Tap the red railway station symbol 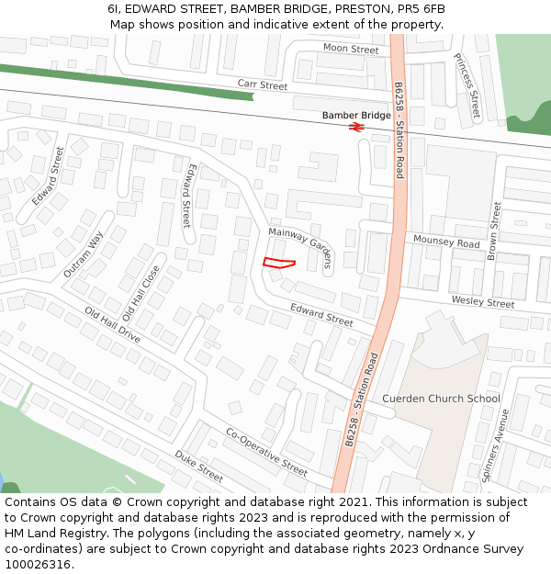pyautogui.click(x=356, y=127)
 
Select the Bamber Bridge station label pyautogui.click(x=356, y=116)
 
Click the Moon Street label pyautogui.click(x=351, y=49)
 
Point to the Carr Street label pyautogui.click(x=263, y=85)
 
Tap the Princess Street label pyautogui.click(x=467, y=86)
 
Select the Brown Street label pyautogui.click(x=495, y=231)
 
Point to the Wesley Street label pyautogui.click(x=482, y=302)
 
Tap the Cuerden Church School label pyautogui.click(x=441, y=399)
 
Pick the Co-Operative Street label pyautogui.click(x=266, y=451)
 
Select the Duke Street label pyautogui.click(x=199, y=467)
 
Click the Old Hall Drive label pyautogui.click(x=112, y=324)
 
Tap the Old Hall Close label pyautogui.click(x=141, y=288)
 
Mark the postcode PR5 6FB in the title pyautogui.click(x=422, y=9)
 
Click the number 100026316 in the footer pyautogui.click(x=38, y=564)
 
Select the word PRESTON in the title pyautogui.click(x=365, y=9)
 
